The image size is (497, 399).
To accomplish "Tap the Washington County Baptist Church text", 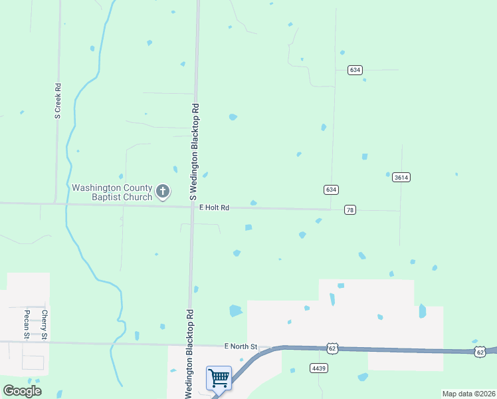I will tap(112, 192).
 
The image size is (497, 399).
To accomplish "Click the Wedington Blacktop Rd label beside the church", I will tap(195, 152).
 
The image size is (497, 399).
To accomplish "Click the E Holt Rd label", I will tap(214, 208).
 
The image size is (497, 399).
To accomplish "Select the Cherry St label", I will tap(45, 325).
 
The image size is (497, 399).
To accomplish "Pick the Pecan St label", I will tap(27, 325).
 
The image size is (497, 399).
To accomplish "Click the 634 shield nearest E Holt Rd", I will tap(331, 190).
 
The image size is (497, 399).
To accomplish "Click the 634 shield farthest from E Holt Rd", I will tap(355, 70).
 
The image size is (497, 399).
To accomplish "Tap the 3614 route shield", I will tap(401, 177).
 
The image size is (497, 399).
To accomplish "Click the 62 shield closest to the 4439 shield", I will tap(332, 348).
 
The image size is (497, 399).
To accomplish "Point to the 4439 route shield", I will tap(319, 367).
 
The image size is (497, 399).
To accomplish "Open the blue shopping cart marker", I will tap(219, 378).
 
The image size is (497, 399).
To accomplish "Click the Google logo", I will tap(22, 390).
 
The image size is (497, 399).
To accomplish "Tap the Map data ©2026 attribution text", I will tap(468, 394).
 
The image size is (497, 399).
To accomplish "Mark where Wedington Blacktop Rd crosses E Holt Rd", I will tap(193, 206).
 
